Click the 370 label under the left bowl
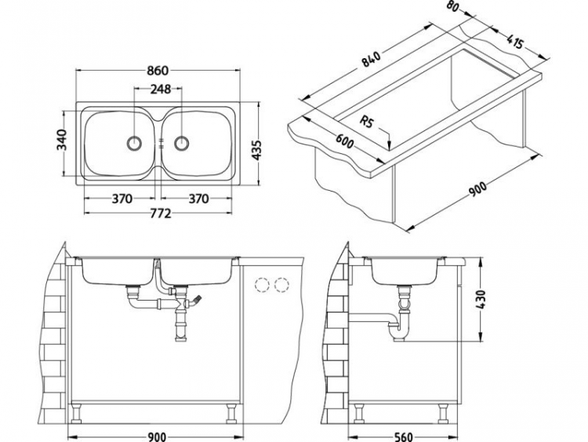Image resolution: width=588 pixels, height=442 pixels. [x=121, y=199]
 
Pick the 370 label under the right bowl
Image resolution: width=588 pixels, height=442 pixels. [x=199, y=199]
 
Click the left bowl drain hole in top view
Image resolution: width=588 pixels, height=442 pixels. [x=134, y=144]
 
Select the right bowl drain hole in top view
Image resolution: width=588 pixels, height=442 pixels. [x=183, y=144]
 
